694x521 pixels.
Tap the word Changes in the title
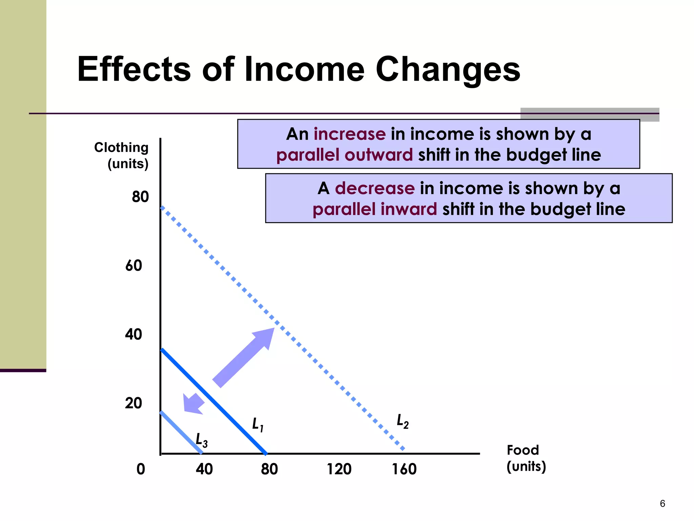tap(448, 70)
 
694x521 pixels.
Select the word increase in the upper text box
tap(349, 134)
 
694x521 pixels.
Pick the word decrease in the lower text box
tap(374, 188)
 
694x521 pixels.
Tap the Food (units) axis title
tap(526, 458)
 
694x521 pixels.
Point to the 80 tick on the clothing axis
tap(140, 197)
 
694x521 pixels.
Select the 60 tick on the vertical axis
tap(134, 266)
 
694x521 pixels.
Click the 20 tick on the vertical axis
tap(134, 403)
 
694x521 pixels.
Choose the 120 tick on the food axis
tap(339, 469)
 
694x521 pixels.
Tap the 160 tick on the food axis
tap(404, 469)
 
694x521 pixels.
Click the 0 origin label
tap(141, 469)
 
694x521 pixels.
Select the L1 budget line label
tap(258, 425)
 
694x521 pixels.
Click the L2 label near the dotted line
tap(403, 422)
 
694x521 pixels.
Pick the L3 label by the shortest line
tap(202, 440)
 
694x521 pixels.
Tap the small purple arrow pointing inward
tap(193, 404)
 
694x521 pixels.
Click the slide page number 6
tap(662, 503)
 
